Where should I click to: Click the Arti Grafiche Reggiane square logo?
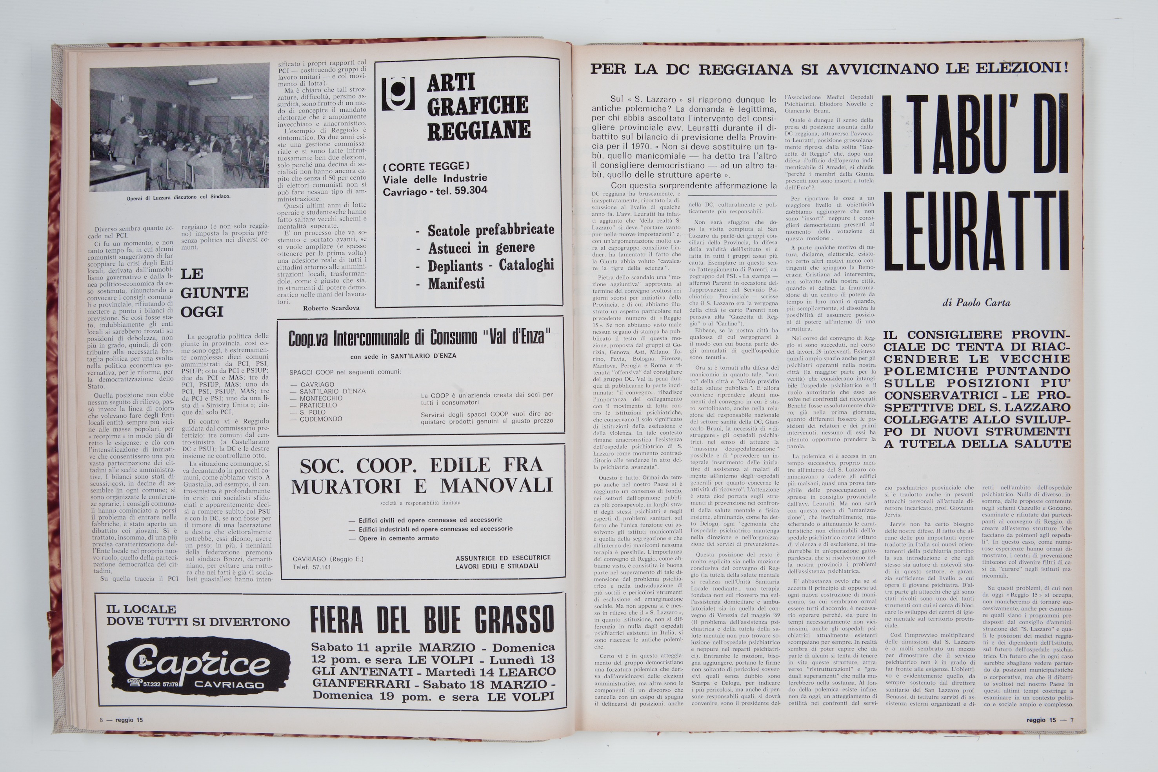tap(398, 94)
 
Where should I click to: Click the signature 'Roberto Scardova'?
tap(331, 308)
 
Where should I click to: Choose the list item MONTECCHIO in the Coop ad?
tap(321, 398)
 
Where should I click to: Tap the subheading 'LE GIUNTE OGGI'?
tap(214, 292)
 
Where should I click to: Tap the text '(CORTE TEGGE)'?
tap(426, 166)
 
